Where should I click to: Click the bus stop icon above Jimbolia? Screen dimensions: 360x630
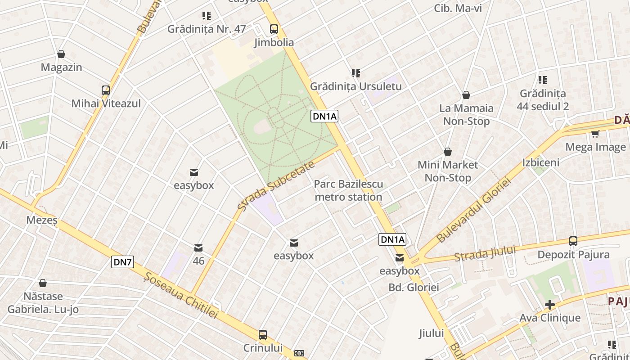point(274,29)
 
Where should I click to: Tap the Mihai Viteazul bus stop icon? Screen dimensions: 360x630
point(106,90)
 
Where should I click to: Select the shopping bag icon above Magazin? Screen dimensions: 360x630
point(61,54)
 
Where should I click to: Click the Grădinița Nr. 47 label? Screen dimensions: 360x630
point(207,29)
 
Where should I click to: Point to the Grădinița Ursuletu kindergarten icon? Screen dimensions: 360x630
point(356,73)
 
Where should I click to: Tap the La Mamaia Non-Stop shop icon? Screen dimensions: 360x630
point(466,95)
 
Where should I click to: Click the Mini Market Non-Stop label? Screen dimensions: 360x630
point(448,171)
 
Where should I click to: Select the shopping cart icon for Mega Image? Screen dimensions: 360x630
point(595,134)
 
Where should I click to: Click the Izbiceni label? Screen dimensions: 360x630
point(540,162)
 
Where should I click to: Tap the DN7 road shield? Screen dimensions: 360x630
point(123,262)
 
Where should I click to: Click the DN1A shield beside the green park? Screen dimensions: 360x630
point(324,117)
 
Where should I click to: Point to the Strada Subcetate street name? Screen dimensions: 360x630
point(275,186)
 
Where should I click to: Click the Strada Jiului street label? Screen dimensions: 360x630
point(485,254)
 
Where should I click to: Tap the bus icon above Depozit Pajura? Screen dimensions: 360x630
point(573,241)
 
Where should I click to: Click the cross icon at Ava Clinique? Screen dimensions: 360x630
point(549,305)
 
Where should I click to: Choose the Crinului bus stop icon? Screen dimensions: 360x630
point(263,335)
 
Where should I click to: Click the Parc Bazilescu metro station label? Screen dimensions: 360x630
point(348,190)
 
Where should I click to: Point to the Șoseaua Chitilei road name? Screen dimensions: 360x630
point(180,290)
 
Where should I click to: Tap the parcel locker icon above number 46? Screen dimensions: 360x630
point(198,248)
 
